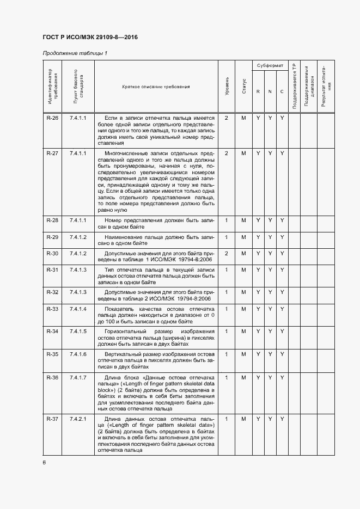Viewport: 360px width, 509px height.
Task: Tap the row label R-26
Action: click(52, 118)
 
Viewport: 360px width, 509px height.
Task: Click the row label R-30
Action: click(52, 254)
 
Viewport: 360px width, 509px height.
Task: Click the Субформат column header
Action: click(270, 65)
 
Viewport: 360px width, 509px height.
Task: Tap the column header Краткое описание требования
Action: click(156, 87)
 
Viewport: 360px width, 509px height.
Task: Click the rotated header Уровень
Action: click(227, 87)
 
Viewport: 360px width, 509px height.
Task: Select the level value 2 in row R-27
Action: click(227, 153)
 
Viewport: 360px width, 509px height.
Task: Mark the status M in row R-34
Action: click(244, 332)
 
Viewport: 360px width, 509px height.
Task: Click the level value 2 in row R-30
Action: click(227, 254)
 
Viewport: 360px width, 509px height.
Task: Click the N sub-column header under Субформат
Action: click(270, 91)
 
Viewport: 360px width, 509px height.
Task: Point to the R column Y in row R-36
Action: click(258, 377)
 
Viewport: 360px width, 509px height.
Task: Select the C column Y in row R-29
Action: click(282, 238)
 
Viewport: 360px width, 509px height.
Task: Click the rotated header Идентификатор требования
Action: click(52, 87)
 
